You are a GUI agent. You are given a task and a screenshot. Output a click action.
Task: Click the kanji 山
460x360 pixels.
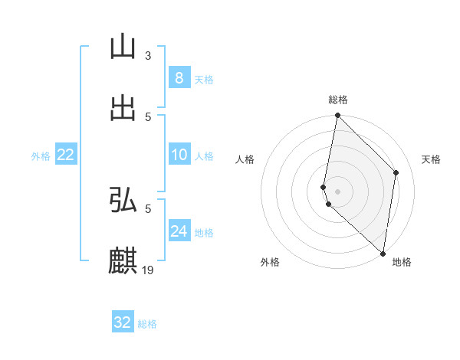tap(123, 47)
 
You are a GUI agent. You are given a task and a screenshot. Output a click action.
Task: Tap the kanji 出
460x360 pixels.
tap(123, 108)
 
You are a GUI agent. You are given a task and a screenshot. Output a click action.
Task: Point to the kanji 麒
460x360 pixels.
tap(123, 261)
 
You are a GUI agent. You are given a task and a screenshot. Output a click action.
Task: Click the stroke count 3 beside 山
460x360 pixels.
tap(148, 55)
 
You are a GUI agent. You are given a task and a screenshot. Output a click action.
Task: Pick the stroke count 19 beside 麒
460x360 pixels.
tap(149, 270)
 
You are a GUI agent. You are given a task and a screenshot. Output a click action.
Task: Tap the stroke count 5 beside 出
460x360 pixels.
tap(148, 116)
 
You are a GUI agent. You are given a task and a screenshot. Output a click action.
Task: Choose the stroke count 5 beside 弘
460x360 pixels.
tap(148, 208)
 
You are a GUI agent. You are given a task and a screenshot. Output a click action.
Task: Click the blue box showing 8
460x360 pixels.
tap(179, 78)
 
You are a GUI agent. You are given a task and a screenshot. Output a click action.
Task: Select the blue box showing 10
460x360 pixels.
tap(179, 155)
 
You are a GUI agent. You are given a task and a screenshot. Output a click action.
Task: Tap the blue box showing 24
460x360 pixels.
tap(179, 231)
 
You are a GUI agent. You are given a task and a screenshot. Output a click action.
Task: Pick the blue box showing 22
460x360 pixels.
tap(66, 155)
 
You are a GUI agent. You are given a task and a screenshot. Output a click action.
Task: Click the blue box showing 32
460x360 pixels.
tap(123, 322)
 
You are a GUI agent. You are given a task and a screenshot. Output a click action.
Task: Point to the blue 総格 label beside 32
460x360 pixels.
tap(147, 324)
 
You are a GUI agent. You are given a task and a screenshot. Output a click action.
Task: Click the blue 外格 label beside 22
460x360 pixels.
tap(41, 156)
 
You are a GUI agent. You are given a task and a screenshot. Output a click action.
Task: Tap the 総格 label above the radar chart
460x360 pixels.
tap(338, 100)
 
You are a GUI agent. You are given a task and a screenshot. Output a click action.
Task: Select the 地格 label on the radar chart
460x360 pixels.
tap(402, 262)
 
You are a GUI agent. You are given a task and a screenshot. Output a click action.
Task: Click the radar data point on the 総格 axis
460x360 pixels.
tap(337, 116)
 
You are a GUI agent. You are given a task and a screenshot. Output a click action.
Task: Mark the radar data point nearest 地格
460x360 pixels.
tap(383, 253)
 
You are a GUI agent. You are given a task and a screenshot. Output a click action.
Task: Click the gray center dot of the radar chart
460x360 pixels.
tap(337, 191)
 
